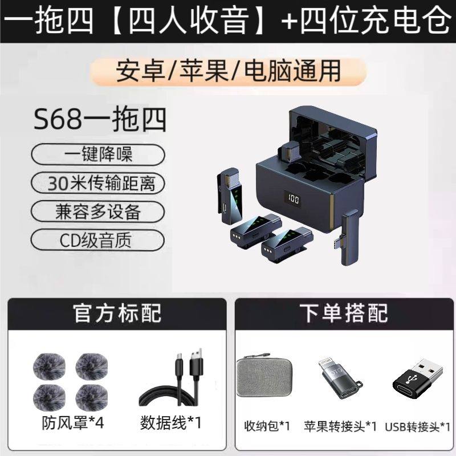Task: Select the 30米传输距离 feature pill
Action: point(99,183)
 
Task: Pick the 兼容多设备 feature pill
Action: point(99,212)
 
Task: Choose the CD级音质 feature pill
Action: point(99,239)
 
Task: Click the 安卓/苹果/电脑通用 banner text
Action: point(228,72)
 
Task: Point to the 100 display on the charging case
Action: point(294,201)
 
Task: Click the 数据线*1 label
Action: point(170,422)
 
